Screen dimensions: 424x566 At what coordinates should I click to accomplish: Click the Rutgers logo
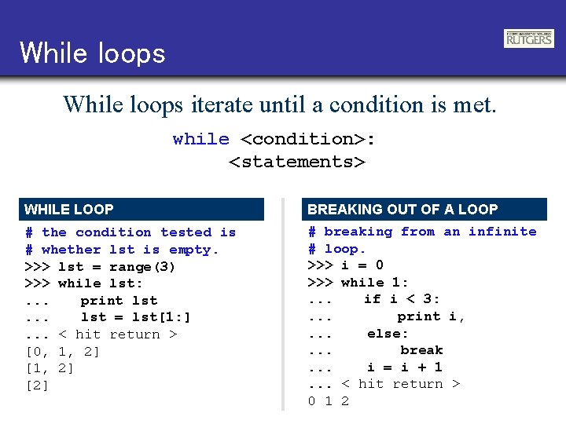click(x=528, y=38)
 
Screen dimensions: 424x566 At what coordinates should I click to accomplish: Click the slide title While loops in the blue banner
click(x=93, y=53)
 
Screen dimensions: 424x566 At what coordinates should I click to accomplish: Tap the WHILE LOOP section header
click(x=69, y=210)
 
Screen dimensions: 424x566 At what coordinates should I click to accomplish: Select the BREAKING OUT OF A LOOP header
click(x=402, y=210)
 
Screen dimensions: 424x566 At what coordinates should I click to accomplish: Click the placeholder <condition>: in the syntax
click(x=307, y=140)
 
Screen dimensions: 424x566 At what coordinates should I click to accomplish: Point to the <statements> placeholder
click(x=297, y=162)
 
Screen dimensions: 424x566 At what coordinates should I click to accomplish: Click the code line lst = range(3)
click(x=117, y=267)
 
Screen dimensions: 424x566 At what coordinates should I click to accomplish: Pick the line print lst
click(x=119, y=301)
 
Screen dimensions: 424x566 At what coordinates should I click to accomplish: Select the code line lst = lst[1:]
click(x=135, y=317)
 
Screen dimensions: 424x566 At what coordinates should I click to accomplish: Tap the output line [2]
click(x=38, y=386)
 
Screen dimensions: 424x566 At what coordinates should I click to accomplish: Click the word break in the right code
click(x=421, y=350)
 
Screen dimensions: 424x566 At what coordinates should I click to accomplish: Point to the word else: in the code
click(x=388, y=333)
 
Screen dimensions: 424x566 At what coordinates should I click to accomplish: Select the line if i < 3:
click(x=402, y=299)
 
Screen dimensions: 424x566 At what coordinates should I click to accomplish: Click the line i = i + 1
click(x=404, y=367)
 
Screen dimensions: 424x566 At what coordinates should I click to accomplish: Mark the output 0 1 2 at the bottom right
click(x=329, y=401)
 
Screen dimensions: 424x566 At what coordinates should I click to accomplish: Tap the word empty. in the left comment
click(x=193, y=250)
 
